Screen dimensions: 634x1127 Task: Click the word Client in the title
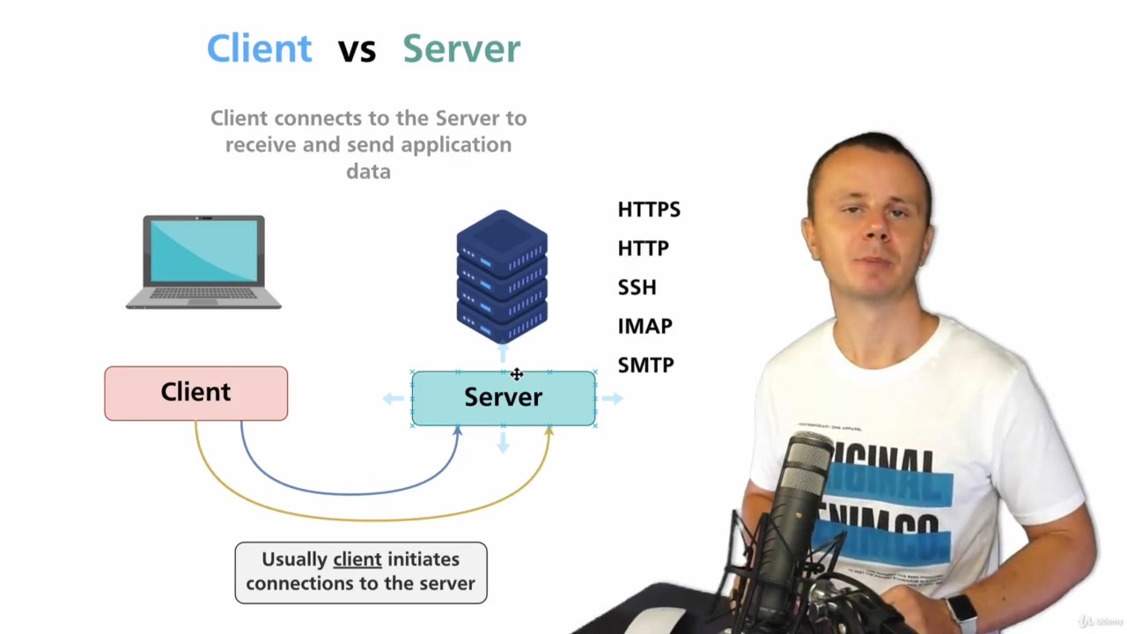pos(259,49)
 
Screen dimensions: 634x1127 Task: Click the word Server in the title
pos(461,49)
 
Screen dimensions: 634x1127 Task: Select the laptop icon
pos(203,262)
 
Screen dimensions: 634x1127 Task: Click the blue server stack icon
pos(502,276)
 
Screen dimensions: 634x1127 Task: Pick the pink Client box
pos(195,393)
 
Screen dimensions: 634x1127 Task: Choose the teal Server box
pos(503,398)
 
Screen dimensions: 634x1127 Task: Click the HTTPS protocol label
pos(649,210)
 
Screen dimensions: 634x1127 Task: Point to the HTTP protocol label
pos(643,248)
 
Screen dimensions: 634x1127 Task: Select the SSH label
pos(637,287)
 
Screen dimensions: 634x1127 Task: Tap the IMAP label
pos(645,326)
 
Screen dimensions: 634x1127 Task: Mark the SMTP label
pos(645,365)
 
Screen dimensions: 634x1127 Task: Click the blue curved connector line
pos(352,492)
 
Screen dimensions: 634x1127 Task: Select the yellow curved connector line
pos(370,520)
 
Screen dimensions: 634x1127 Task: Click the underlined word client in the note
pos(357,559)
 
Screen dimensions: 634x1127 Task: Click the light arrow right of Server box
pos(613,398)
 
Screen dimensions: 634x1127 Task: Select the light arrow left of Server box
pos(393,398)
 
